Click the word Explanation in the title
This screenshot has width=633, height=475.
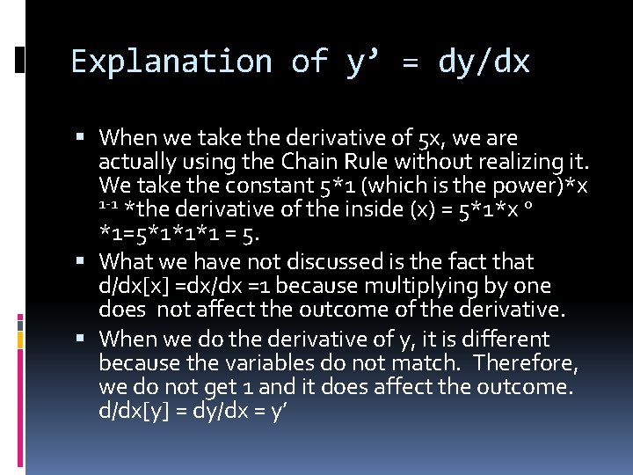point(171,62)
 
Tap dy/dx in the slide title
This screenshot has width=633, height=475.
point(484,62)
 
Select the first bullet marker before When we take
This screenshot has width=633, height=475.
point(81,138)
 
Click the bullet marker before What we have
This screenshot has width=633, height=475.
point(81,262)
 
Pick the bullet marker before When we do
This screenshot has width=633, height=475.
point(81,340)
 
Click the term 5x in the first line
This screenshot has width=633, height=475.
point(438,138)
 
